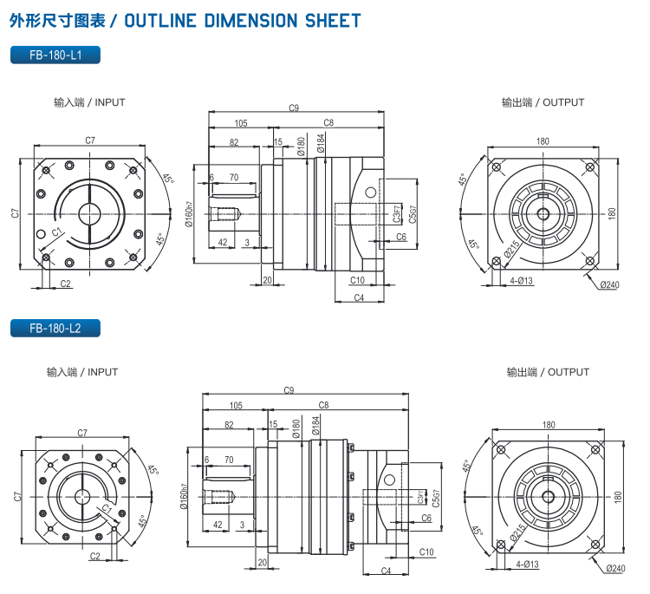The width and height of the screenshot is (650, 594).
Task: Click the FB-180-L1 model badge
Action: (x=55, y=55)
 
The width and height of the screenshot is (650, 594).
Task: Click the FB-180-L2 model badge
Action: (x=55, y=329)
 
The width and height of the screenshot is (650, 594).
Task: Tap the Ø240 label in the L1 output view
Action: (x=610, y=285)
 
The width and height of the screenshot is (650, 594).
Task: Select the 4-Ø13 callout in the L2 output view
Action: (x=526, y=564)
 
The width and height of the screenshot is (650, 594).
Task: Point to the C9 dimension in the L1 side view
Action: (x=294, y=108)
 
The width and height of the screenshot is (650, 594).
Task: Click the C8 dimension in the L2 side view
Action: (x=324, y=405)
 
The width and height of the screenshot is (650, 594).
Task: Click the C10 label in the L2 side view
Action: (x=426, y=552)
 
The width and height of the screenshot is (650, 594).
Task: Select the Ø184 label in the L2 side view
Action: (x=316, y=425)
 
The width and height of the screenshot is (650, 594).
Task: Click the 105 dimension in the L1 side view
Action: (x=241, y=123)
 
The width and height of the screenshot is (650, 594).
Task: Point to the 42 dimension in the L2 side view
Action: (x=218, y=525)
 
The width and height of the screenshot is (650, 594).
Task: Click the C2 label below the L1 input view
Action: (x=66, y=284)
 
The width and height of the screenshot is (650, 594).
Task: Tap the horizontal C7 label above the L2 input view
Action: (x=82, y=433)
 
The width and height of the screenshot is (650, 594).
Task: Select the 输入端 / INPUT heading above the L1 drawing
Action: (x=89, y=102)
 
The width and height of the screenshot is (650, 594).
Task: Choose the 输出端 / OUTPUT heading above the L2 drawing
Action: (x=548, y=372)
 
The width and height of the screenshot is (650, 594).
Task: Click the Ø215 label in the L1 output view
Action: (x=512, y=250)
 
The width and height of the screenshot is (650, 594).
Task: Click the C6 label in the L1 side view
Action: (x=401, y=236)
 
